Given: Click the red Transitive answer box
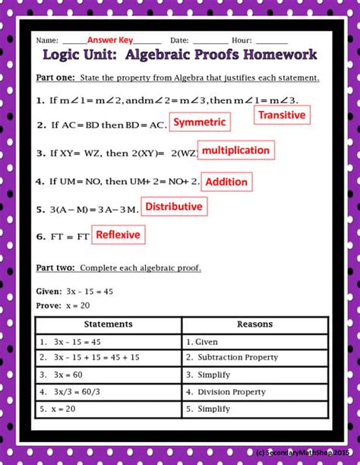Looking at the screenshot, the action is (x=282, y=115).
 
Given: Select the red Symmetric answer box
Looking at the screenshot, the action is (x=200, y=122).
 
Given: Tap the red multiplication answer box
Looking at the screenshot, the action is (x=235, y=150).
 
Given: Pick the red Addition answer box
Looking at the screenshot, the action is (x=226, y=182).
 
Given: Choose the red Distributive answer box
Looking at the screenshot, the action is (x=174, y=207).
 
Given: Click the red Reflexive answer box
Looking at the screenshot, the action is (x=118, y=235).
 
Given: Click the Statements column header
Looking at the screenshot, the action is (x=108, y=324).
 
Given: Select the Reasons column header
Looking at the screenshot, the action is (x=254, y=324).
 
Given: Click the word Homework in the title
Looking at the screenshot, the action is (x=276, y=55).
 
